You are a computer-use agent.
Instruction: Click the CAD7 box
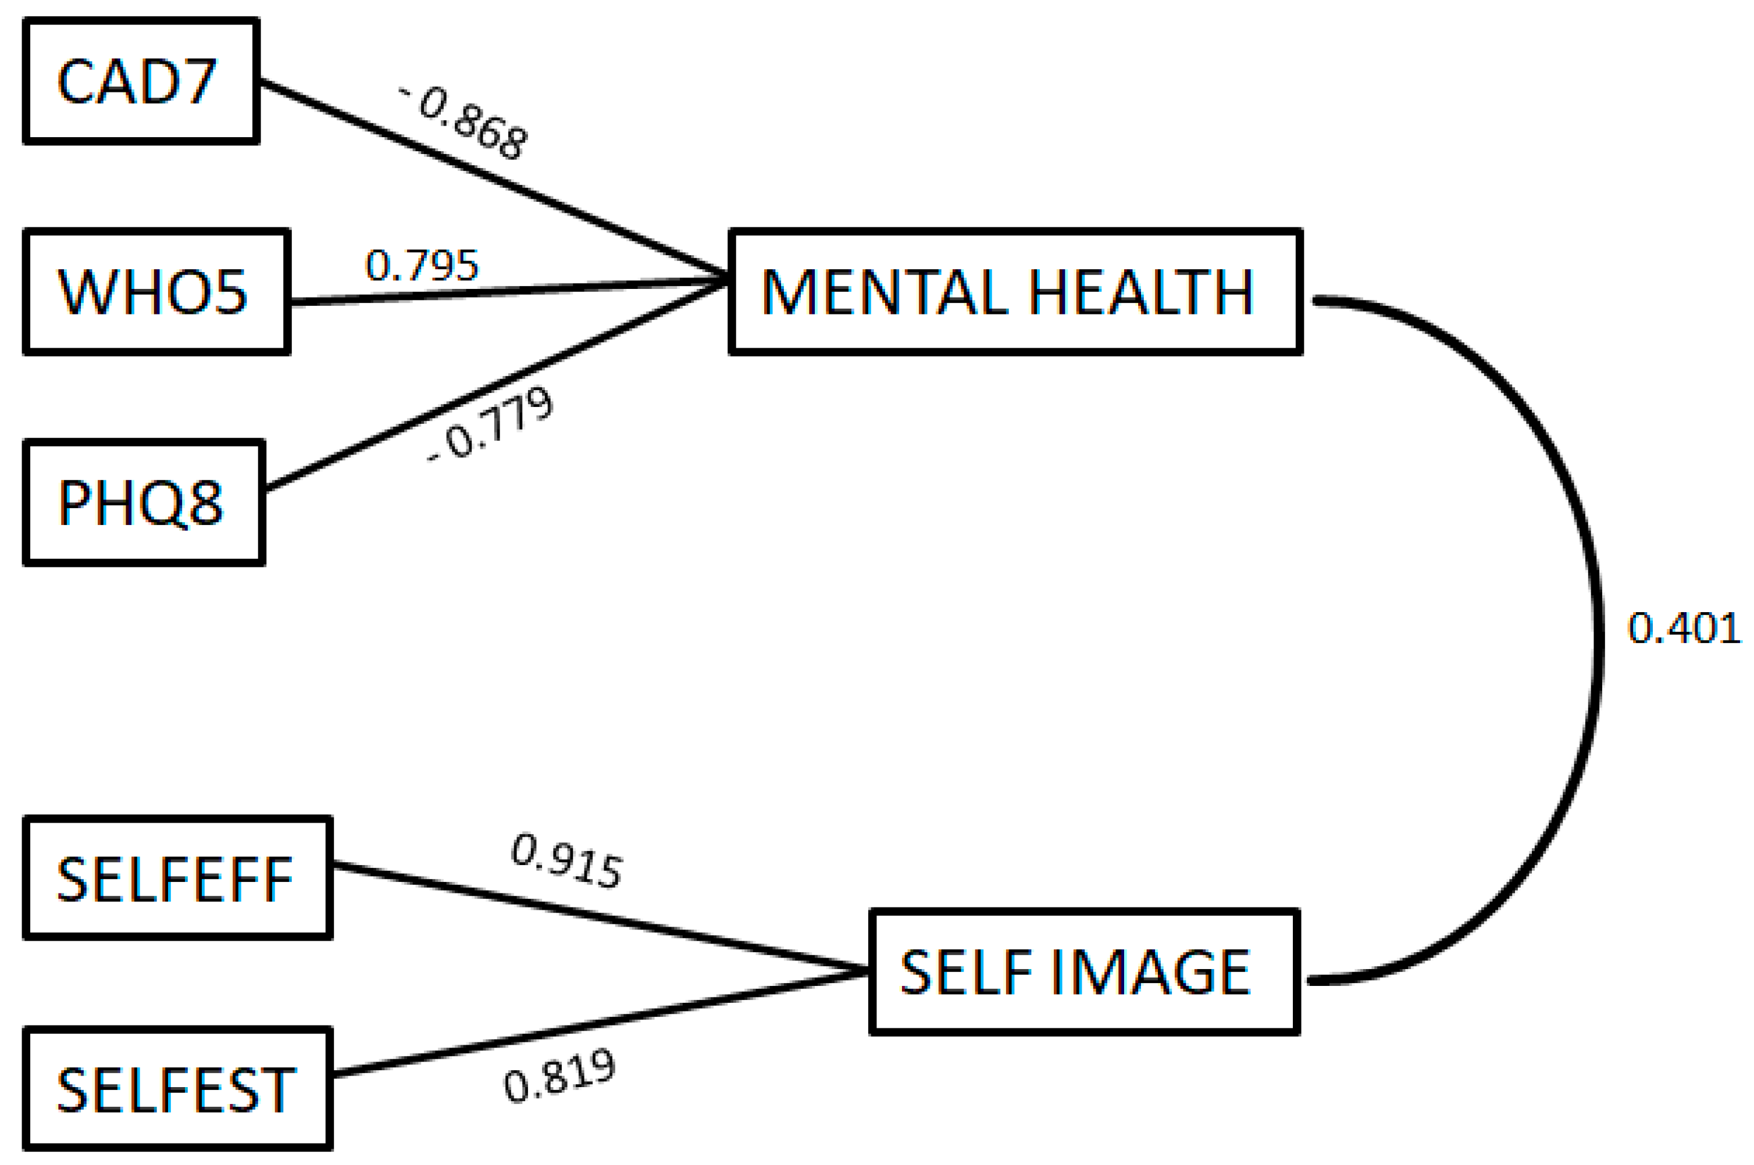(x=141, y=80)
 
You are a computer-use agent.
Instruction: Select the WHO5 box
(x=156, y=291)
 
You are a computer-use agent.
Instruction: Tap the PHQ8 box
(x=144, y=503)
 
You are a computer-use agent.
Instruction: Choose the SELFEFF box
(x=177, y=878)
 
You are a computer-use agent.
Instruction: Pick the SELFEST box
(x=177, y=1090)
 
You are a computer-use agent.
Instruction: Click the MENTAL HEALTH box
(x=1014, y=291)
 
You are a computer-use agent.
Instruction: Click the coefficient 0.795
(x=422, y=265)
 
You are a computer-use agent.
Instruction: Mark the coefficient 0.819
(x=559, y=1077)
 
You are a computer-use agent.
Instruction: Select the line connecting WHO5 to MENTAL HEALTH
(x=505, y=292)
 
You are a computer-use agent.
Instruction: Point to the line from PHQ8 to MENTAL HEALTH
(x=490, y=387)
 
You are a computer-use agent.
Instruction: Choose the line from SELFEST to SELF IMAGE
(x=594, y=1025)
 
